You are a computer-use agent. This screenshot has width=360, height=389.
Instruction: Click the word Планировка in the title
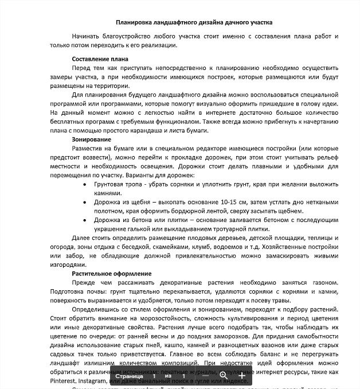pos(132,22)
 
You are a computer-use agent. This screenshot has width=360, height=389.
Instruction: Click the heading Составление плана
pos(100,59)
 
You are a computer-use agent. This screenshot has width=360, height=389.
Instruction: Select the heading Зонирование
pos(92,139)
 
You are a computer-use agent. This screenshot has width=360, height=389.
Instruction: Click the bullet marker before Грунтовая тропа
pos(85,185)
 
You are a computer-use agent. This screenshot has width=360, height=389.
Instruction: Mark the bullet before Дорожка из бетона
pos(85,220)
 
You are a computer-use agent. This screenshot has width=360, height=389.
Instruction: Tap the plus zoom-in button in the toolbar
pos(242,376)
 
